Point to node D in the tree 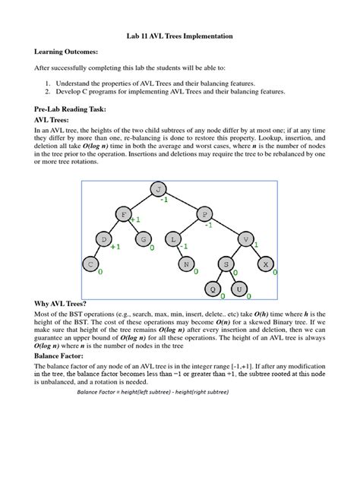coord(103,240)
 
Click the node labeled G coord(141,240)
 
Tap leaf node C coord(90,264)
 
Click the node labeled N coord(186,264)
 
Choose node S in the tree coord(226,264)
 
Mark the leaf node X coord(265,264)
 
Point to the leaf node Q coord(213,289)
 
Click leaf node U coord(238,289)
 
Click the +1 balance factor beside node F coord(135,220)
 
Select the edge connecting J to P coord(182,202)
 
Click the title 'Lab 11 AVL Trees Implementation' coord(179,36)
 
